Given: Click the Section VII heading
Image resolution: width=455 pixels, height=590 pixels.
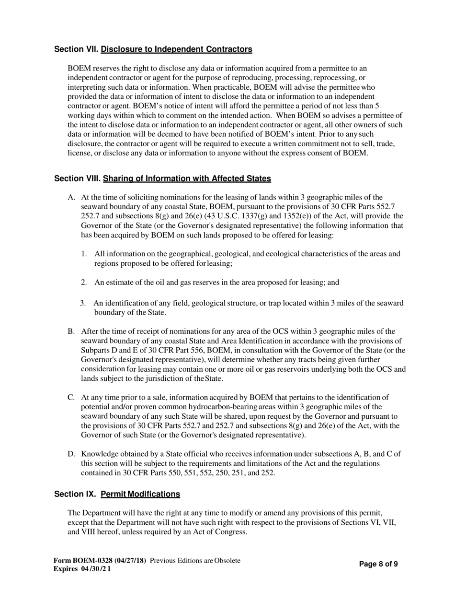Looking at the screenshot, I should point(153,49).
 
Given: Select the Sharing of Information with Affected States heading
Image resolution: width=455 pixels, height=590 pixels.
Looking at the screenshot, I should point(187,178).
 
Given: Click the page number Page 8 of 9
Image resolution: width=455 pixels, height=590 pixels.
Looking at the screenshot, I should point(378,564).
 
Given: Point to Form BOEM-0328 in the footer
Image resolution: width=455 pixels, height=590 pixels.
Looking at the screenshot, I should point(101,560).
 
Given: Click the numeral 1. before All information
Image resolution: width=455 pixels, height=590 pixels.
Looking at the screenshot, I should point(84,254).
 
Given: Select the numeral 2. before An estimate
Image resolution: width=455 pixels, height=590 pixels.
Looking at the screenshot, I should point(84,282).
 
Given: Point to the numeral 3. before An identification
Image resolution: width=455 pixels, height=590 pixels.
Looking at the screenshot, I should point(83,303).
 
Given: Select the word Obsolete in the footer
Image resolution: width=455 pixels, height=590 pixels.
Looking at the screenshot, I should point(227,560).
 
